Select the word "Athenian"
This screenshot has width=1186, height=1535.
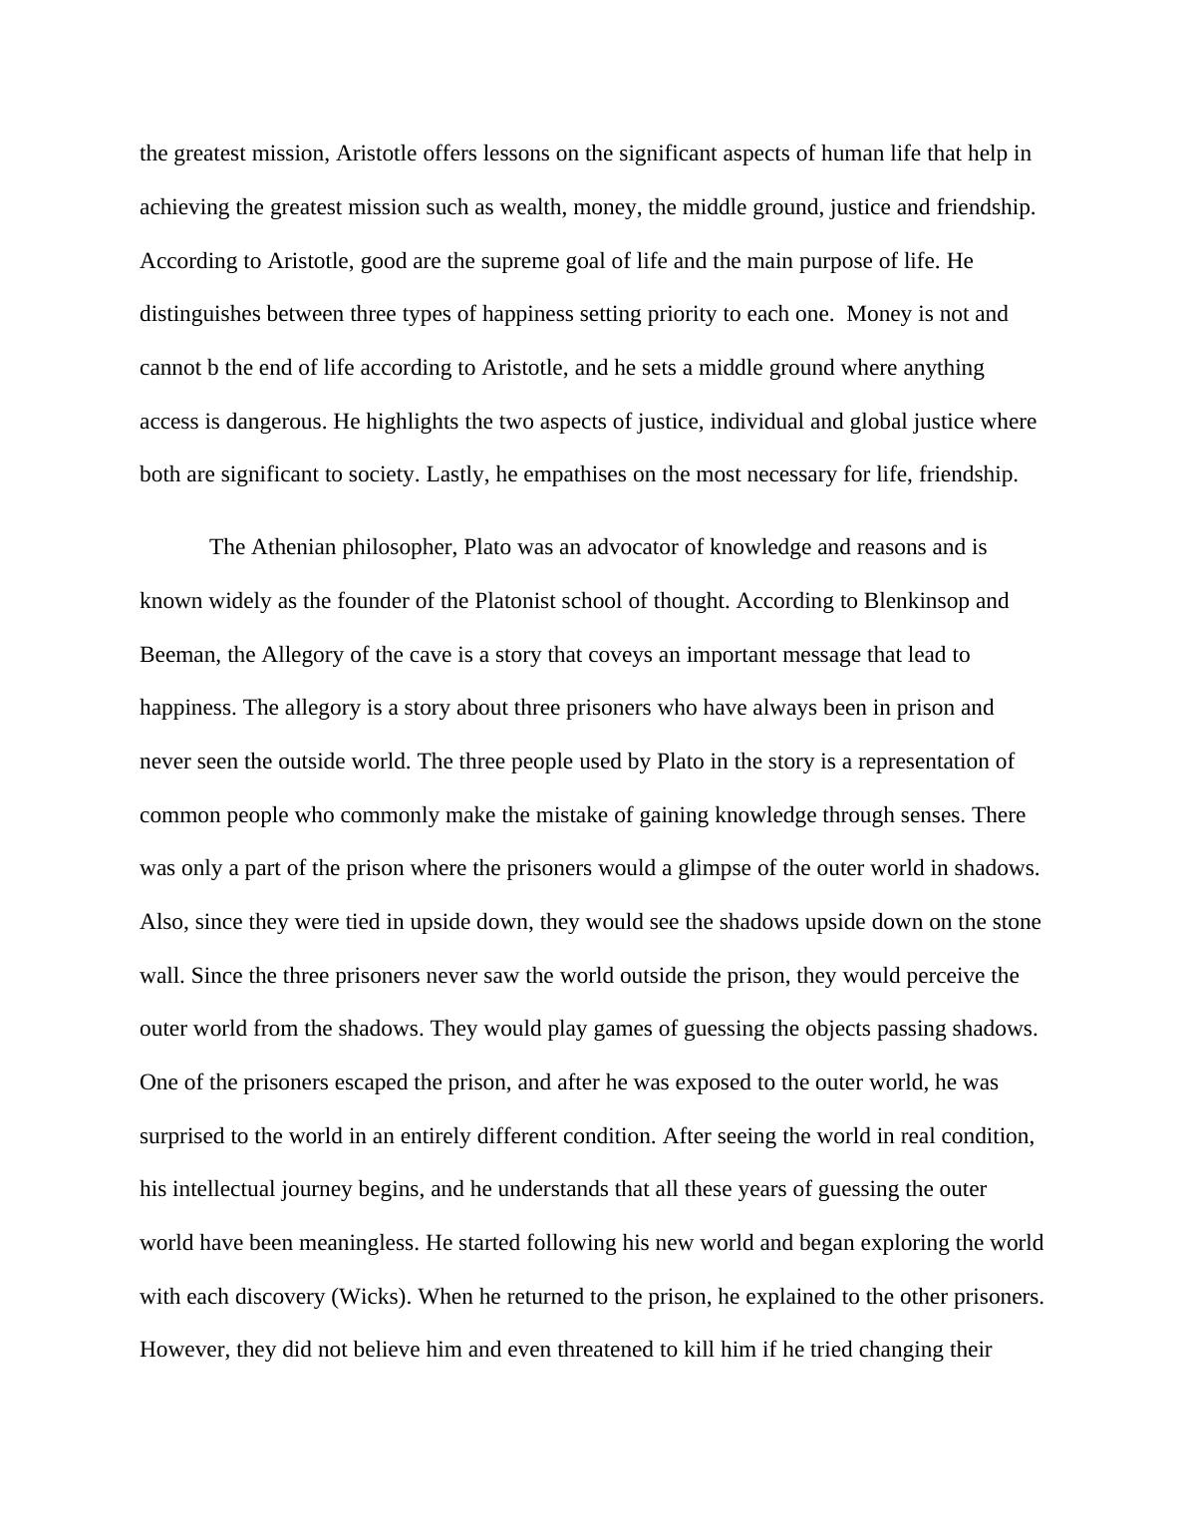point(294,547)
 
